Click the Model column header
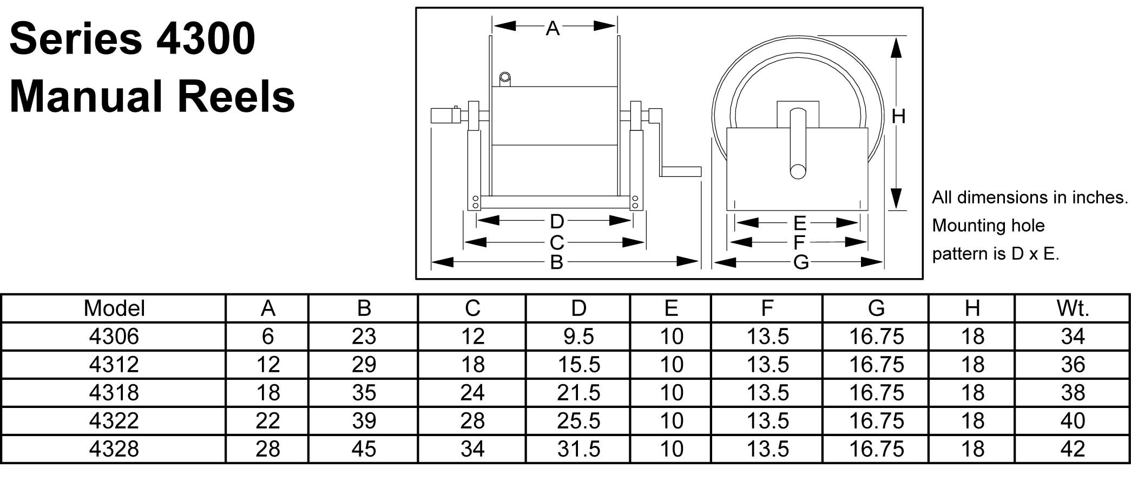pyautogui.click(x=114, y=308)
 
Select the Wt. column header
pyautogui.click(x=1073, y=308)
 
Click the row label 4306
pyautogui.click(x=114, y=337)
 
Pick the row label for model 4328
pyautogui.click(x=114, y=449)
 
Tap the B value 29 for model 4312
pyautogui.click(x=364, y=365)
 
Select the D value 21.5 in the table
pyautogui.click(x=578, y=393)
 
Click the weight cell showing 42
pyautogui.click(x=1073, y=449)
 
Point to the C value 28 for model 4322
pyautogui.click(x=472, y=421)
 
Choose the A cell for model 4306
pyautogui.click(x=267, y=337)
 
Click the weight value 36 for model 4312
pyautogui.click(x=1073, y=365)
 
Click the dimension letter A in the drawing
pyautogui.click(x=553, y=28)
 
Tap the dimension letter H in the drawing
pyautogui.click(x=898, y=116)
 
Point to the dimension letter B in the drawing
pyautogui.click(x=556, y=262)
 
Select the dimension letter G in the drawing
pyautogui.click(x=801, y=262)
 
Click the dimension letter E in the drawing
pyautogui.click(x=799, y=223)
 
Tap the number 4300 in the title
pyautogui.click(x=206, y=39)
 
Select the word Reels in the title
pyautogui.click(x=236, y=97)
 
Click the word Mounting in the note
pyautogui.click(x=969, y=226)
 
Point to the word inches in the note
pyautogui.click(x=1101, y=197)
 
